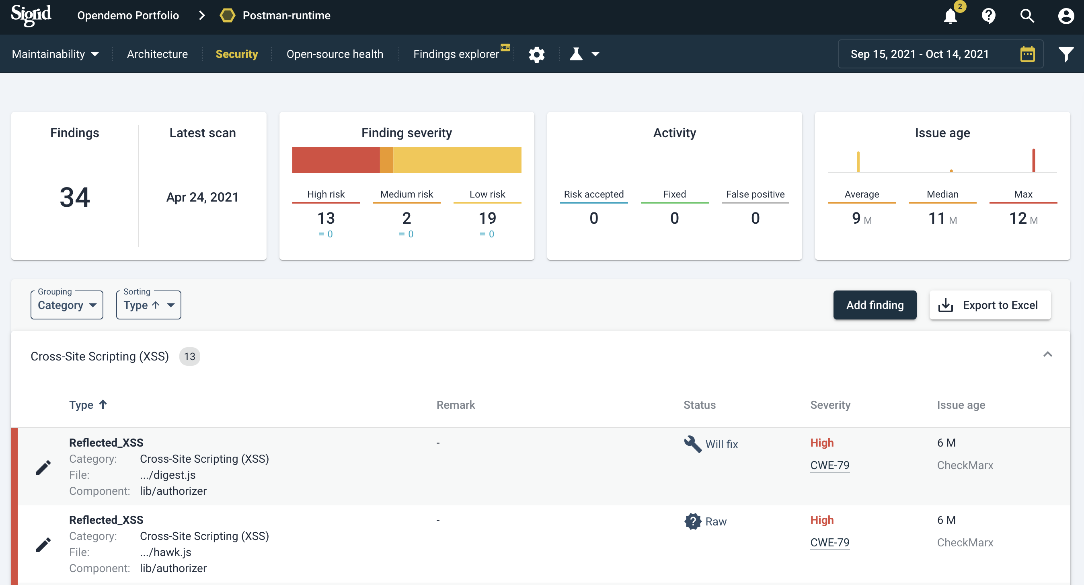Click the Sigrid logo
coord(31,15)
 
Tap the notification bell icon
coord(950,16)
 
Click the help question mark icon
coord(988,16)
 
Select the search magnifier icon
coord(1027,16)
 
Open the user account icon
coord(1066,16)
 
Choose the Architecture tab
coord(157,54)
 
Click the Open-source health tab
coord(335,54)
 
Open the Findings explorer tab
coord(456,54)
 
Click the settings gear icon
coord(536,54)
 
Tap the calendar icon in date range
coord(1027,54)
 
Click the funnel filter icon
coord(1066,54)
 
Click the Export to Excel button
coord(990,305)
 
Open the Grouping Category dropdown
coord(67,305)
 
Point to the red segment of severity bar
coord(335,160)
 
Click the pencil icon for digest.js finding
coord(43,467)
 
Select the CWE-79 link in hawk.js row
coord(829,542)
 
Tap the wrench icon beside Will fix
coord(692,444)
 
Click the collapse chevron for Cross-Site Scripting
coord(1047,354)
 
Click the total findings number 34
coord(74,197)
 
